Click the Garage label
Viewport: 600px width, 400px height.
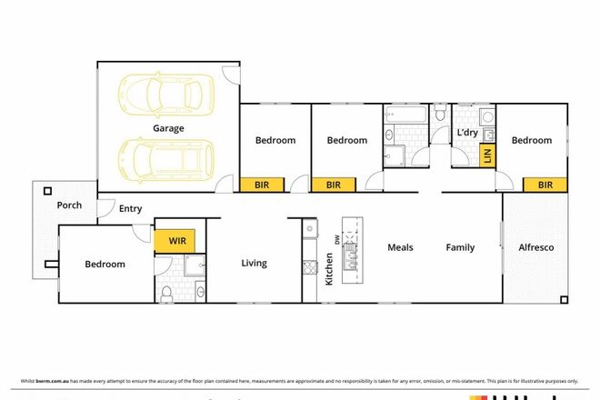coord(168,128)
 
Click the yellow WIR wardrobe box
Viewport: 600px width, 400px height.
coord(171,241)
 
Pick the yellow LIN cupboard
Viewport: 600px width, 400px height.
coord(487,156)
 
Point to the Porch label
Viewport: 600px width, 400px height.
coord(69,205)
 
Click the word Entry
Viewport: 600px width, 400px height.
coord(131,209)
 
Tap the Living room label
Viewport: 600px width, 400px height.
coord(254,264)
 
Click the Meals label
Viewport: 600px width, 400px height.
coord(400,246)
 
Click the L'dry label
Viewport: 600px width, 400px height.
coord(467,133)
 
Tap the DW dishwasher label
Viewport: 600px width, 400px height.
coord(336,241)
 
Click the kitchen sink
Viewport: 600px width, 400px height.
coord(309,228)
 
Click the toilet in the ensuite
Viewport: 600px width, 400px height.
coord(168,293)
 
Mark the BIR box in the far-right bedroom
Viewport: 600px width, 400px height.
coord(545,185)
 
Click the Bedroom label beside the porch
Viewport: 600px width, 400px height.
coord(105,265)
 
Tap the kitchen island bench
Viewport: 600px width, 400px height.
coord(351,252)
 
